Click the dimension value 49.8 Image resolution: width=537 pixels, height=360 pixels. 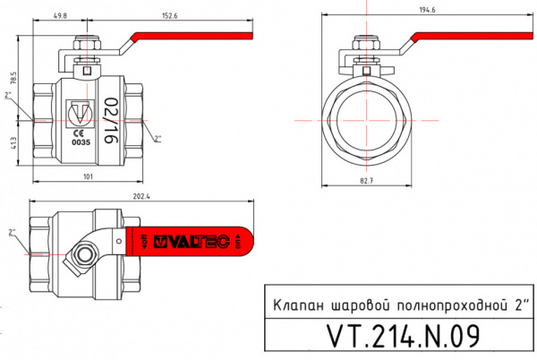pyautogui.click(x=61, y=15)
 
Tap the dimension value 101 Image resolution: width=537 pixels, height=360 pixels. pyautogui.click(x=88, y=177)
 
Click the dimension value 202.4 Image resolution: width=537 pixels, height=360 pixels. pyautogui.click(x=140, y=195)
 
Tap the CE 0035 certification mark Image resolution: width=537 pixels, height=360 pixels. pyautogui.click(x=81, y=137)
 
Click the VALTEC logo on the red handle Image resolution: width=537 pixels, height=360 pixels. pyautogui.click(x=192, y=240)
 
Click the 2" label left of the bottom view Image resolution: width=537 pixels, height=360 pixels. pyautogui.click(x=12, y=233)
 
